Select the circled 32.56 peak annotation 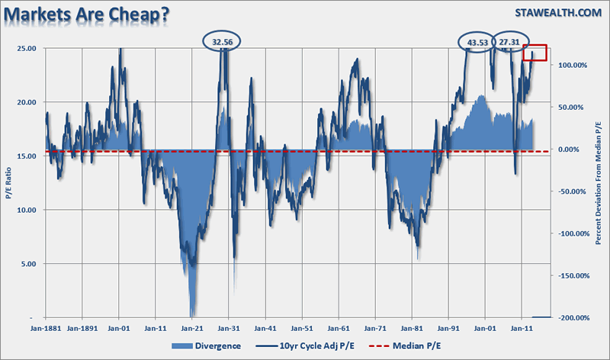(x=222, y=42)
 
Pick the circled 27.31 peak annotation (x=515, y=42)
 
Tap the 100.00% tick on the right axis (x=571, y=65)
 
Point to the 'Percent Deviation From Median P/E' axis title (x=600, y=183)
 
